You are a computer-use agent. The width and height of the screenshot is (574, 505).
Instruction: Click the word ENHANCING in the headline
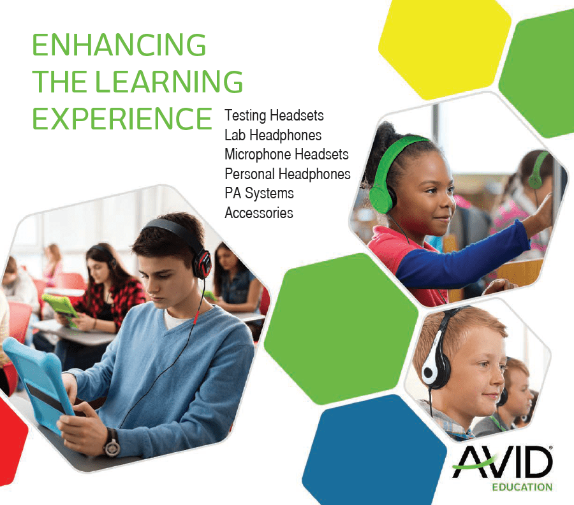[x=119, y=46]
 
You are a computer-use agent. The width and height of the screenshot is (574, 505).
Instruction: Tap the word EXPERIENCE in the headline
[x=122, y=118]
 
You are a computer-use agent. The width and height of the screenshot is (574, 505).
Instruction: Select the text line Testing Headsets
[x=274, y=116]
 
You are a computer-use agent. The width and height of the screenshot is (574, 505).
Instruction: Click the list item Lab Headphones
[x=273, y=135]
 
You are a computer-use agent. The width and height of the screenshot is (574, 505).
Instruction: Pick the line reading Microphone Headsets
[x=286, y=154]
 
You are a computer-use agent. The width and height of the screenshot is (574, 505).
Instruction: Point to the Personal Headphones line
[x=288, y=173]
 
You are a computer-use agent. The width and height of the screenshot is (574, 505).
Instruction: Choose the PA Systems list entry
[x=259, y=193]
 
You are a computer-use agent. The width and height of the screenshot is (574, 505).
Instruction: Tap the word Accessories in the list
[x=259, y=212]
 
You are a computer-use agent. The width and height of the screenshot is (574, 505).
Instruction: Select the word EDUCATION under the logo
[x=522, y=488]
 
